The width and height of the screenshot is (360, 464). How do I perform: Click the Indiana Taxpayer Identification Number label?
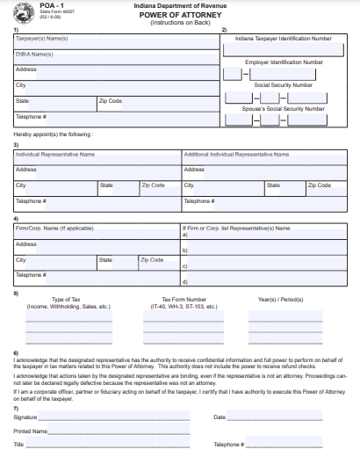pos(284,39)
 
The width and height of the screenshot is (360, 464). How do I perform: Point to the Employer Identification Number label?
pos(284,62)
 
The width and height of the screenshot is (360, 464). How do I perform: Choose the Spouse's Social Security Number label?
pos(284,107)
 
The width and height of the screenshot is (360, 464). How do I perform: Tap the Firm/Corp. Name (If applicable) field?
pos(97,232)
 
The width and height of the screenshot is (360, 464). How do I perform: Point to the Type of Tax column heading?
pos(68,299)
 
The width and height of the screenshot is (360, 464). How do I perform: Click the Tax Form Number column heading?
pos(184,299)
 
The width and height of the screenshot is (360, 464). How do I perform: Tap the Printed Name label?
pos(31,431)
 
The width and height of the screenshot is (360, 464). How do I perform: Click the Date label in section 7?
pos(220,417)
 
